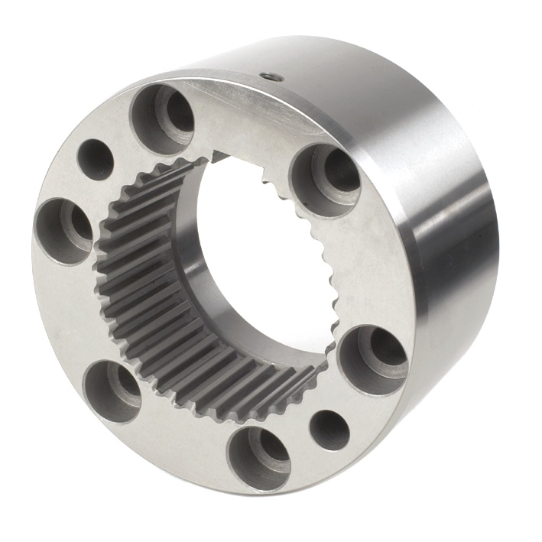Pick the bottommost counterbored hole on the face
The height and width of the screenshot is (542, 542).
(x=259, y=459)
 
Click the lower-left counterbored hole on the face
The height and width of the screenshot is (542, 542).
(x=112, y=391)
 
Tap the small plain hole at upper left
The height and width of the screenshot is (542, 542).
(x=96, y=159)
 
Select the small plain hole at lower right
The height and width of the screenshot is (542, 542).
(x=329, y=430)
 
